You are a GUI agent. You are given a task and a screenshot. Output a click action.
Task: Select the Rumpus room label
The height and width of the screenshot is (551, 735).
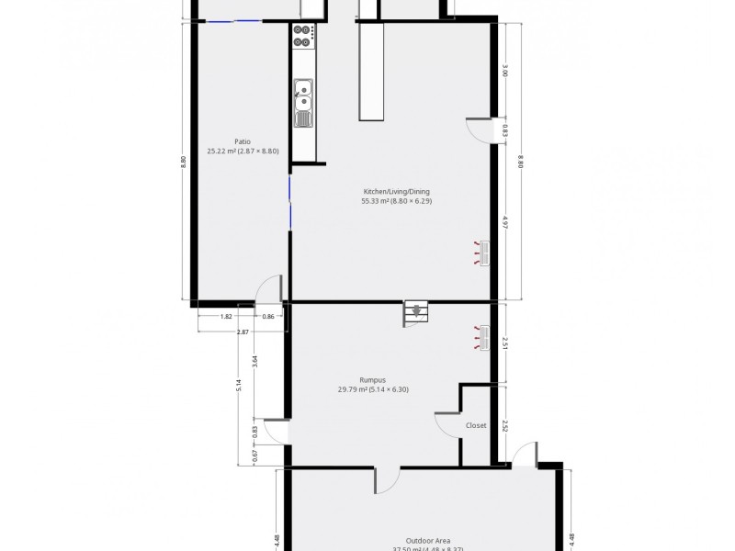click(x=372, y=379)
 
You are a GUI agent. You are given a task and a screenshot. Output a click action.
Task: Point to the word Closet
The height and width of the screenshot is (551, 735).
click(x=476, y=425)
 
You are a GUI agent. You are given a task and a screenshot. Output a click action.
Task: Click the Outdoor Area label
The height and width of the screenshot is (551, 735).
click(x=427, y=541)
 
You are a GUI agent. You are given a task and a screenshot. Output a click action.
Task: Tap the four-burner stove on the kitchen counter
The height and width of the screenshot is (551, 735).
click(x=303, y=36)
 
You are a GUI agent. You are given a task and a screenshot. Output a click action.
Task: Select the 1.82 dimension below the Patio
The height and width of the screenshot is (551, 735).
click(x=226, y=317)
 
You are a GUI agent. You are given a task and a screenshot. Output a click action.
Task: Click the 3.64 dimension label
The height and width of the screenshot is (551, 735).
click(x=254, y=361)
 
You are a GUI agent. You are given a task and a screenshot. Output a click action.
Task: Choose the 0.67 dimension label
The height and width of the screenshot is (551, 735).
click(x=254, y=453)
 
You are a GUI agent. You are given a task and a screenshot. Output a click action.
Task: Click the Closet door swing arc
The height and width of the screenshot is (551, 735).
click(x=447, y=422)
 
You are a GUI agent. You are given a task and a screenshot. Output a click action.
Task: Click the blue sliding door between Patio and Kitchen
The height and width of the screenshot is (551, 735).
click(x=289, y=204)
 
